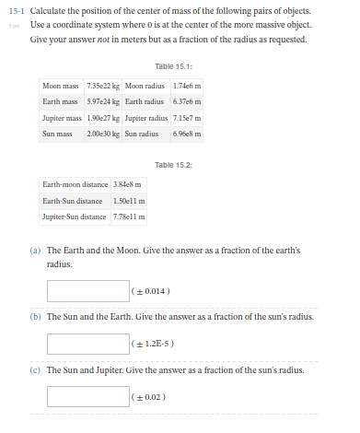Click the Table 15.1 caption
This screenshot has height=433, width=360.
tap(174, 66)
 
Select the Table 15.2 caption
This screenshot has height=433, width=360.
tap(174, 164)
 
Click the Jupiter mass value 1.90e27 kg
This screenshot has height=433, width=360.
tap(104, 118)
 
